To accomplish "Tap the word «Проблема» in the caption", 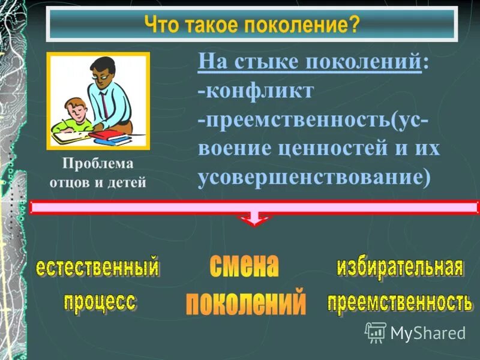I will [97, 164].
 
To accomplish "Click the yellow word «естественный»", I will [97, 267].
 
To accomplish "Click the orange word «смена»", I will [244, 266].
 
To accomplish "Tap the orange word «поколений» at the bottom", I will [245, 302].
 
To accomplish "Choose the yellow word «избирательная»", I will [399, 268].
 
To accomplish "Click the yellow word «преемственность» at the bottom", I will [399, 302].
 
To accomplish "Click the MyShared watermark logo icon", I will [376, 332].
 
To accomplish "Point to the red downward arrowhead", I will [255, 220].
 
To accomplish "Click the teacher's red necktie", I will [103, 105].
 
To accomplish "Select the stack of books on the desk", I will [110, 137].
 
